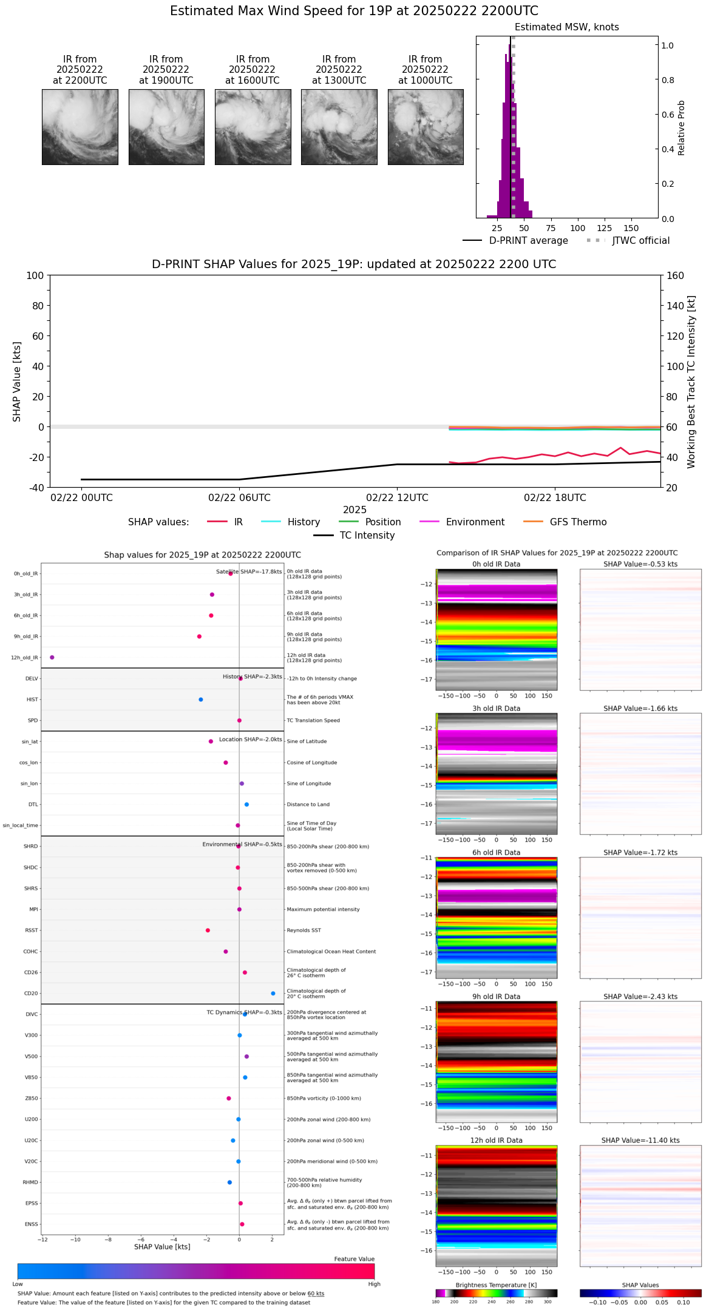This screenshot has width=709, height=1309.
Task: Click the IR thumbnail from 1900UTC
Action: click(x=166, y=127)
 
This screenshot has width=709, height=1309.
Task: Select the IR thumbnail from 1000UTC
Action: click(x=426, y=127)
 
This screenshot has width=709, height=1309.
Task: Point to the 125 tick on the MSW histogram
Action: click(x=604, y=228)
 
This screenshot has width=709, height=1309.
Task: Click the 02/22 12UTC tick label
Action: click(x=397, y=498)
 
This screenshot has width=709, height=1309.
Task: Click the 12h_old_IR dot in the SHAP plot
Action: click(x=52, y=658)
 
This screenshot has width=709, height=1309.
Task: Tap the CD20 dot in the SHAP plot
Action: click(x=273, y=994)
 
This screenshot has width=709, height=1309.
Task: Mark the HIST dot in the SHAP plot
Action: click(x=201, y=700)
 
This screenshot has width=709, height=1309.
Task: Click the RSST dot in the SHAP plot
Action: click(x=208, y=930)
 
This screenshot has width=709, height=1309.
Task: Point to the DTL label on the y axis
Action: click(x=33, y=805)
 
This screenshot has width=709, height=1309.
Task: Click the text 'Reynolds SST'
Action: click(x=304, y=930)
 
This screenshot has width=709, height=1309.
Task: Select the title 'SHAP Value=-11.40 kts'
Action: click(x=640, y=1141)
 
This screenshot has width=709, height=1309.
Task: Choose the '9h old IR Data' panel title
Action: click(x=496, y=997)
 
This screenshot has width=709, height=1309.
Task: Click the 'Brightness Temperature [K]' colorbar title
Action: click(x=496, y=1285)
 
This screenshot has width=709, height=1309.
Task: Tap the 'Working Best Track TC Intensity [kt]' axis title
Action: click(x=691, y=382)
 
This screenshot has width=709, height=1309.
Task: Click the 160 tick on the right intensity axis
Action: click(x=675, y=276)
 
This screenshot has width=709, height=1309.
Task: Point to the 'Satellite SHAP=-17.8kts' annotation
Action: click(x=249, y=572)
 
